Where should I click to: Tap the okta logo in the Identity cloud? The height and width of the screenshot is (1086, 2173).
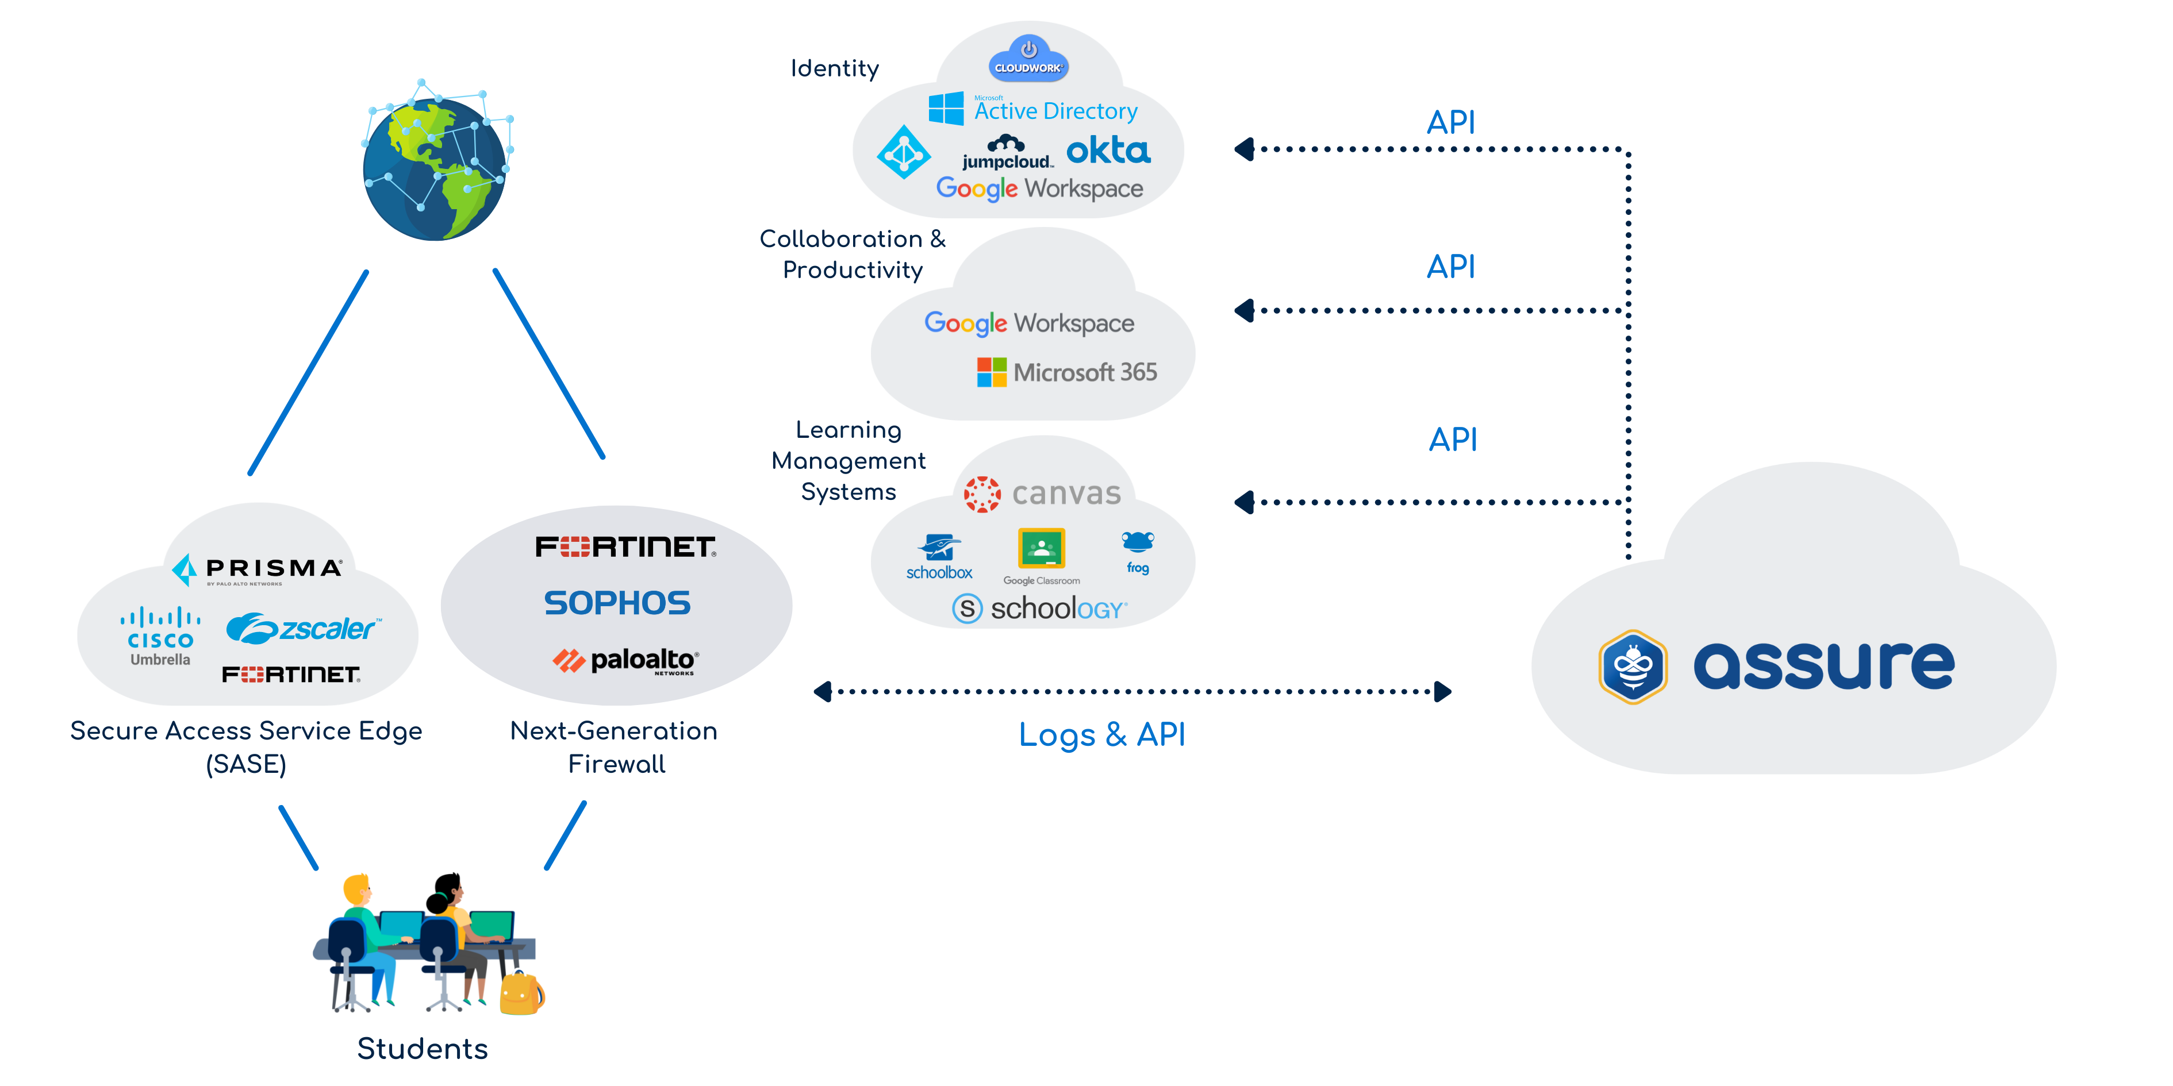(x=1108, y=151)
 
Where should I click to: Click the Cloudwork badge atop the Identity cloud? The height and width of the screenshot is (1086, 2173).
(x=1028, y=59)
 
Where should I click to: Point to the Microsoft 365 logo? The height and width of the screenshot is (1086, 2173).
(x=1067, y=372)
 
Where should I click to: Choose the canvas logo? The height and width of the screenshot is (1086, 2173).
(x=1043, y=493)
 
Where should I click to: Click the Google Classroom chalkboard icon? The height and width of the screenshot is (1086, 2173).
(x=1042, y=549)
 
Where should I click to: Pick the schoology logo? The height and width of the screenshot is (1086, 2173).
(x=1039, y=608)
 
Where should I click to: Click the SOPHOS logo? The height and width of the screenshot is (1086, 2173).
(x=617, y=603)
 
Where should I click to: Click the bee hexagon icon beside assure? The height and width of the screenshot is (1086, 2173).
(x=1633, y=666)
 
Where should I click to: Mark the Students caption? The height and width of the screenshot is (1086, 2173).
(x=422, y=1049)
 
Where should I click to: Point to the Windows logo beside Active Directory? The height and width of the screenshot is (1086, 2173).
(x=946, y=109)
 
